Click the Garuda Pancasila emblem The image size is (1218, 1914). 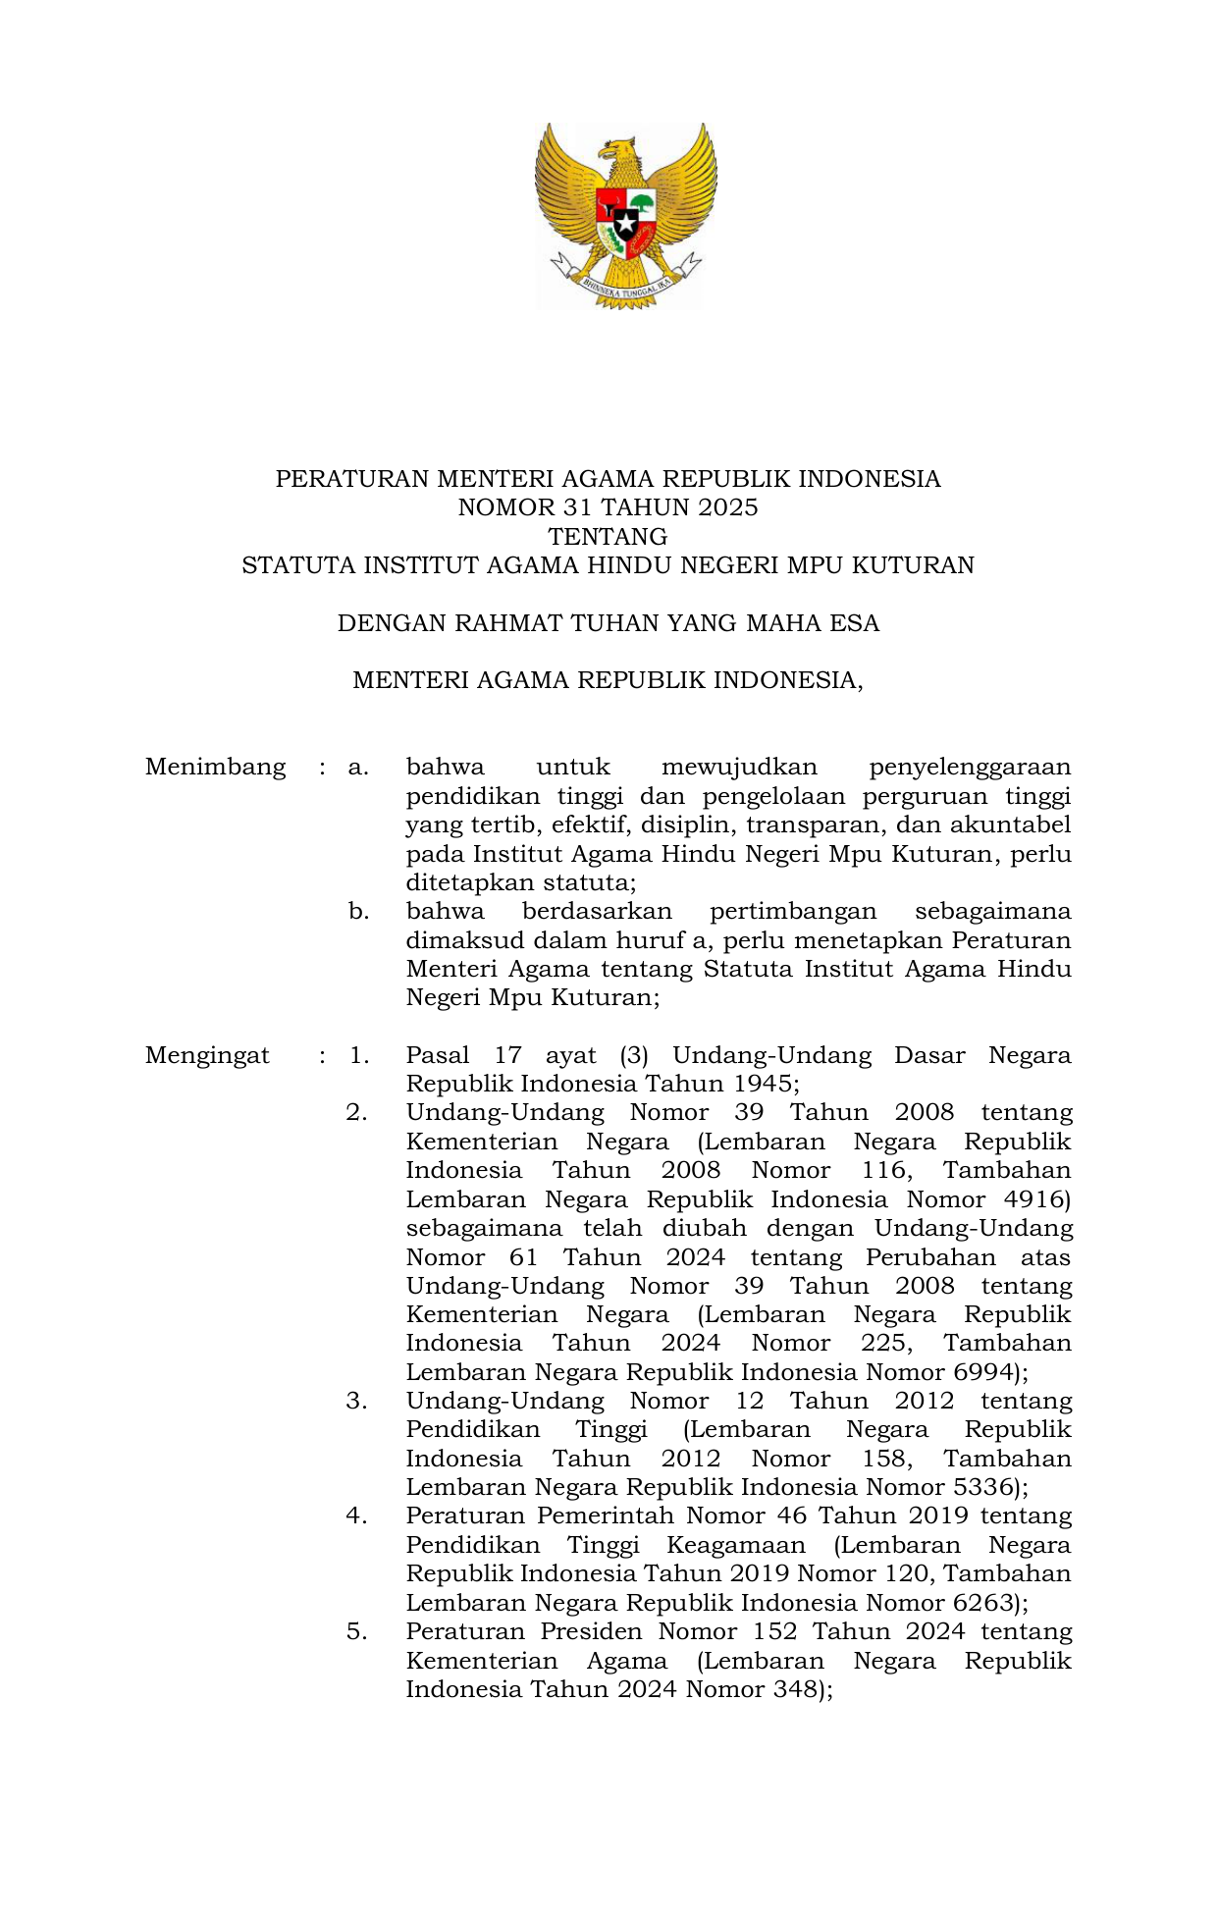(625, 215)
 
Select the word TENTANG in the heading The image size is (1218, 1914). (608, 537)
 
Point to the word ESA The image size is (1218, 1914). (856, 623)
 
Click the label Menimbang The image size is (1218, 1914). (215, 767)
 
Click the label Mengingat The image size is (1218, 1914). (207, 1055)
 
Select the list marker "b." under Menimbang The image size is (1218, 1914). (359, 911)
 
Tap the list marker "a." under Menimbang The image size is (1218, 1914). (358, 767)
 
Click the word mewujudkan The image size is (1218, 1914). (739, 767)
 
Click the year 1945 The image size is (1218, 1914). (764, 1084)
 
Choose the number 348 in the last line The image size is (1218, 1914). (797, 1689)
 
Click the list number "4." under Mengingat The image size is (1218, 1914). (357, 1516)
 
